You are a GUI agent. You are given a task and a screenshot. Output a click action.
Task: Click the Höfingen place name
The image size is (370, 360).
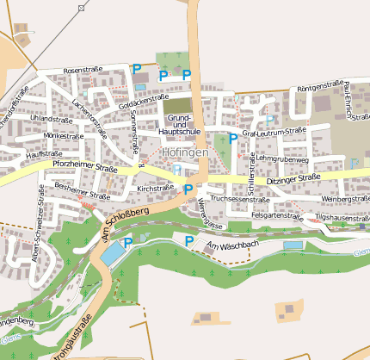tap(184, 153)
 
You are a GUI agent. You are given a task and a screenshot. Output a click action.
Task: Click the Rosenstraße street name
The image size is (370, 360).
tap(83, 69)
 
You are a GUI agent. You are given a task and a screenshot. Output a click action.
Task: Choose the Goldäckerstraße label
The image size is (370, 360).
tap(144, 101)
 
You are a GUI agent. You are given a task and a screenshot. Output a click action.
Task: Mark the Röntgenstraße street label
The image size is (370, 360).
tap(319, 88)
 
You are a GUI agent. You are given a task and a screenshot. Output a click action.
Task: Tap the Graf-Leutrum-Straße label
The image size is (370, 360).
tap(274, 133)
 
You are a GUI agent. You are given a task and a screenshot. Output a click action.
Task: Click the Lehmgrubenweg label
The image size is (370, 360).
tap(281, 159)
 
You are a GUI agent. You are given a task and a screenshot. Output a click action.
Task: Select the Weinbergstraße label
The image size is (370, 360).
tap(343, 199)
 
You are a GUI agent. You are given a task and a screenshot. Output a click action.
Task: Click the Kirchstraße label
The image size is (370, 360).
tap(156, 187)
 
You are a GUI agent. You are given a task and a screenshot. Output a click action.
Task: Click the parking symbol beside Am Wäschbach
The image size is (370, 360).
tap(189, 241)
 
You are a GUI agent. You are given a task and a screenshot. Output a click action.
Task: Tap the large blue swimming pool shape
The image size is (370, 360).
tap(111, 253)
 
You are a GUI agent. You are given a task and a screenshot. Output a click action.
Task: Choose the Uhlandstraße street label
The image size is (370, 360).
tap(51, 120)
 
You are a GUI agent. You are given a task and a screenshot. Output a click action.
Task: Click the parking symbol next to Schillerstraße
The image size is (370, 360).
tap(233, 138)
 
